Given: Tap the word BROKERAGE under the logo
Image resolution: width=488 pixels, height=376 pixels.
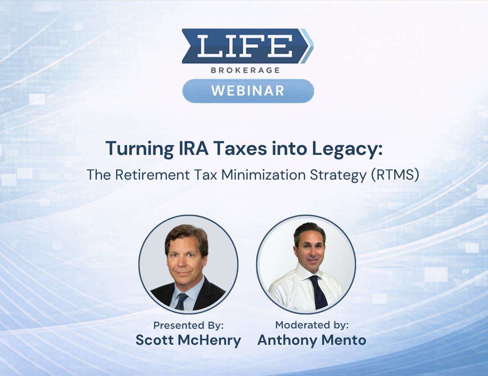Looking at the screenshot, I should click(x=245, y=70).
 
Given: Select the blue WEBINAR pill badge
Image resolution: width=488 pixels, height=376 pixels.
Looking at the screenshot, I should click(x=248, y=91).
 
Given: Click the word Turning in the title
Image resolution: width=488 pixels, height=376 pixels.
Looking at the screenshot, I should click(x=140, y=149).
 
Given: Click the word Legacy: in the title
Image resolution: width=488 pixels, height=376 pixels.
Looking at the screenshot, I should click(x=347, y=149).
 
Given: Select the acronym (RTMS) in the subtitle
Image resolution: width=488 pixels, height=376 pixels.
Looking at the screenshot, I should click(x=395, y=175).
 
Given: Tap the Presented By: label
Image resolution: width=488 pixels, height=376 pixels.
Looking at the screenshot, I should click(x=188, y=325).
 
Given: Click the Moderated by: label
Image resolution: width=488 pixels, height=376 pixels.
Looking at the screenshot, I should click(x=312, y=325).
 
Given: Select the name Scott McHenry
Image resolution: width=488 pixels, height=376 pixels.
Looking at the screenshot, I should click(x=188, y=340).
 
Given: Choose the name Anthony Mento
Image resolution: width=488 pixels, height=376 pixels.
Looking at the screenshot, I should click(x=312, y=340).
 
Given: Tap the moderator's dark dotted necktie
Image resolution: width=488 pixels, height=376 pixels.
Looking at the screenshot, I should click(x=318, y=291).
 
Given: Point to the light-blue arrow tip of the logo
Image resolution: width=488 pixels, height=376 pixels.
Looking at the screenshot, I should click(x=307, y=46).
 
